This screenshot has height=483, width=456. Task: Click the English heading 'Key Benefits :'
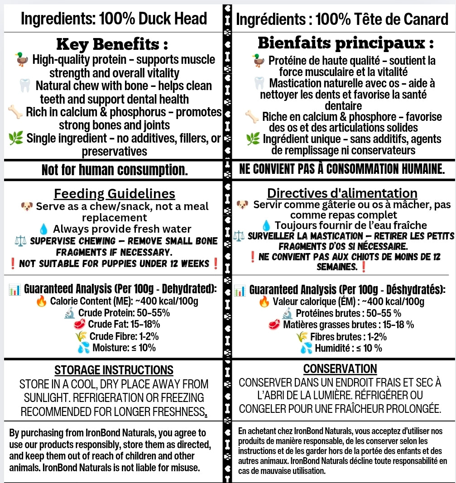pos(112,44)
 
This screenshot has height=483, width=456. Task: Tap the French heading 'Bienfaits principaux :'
pos(346,43)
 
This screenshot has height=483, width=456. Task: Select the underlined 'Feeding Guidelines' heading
pos(115,194)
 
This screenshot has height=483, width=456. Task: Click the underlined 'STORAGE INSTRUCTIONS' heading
pos(114,370)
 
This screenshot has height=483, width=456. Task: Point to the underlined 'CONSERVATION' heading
pos(340,368)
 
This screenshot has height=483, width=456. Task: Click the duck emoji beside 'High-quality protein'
pos(21,59)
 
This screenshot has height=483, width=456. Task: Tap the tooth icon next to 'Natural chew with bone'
pos(25,85)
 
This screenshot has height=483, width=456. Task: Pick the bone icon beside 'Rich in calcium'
pos(15,112)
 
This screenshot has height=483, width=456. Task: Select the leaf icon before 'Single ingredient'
pos(16,138)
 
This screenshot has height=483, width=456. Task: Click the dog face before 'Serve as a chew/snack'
pos(27,206)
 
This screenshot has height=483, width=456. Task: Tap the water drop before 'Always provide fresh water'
pos(43,229)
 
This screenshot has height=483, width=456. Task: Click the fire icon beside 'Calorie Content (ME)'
pos(41,301)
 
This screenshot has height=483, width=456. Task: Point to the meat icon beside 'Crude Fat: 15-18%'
pos(79,324)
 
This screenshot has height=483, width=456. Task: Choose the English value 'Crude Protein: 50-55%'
pos(124,313)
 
